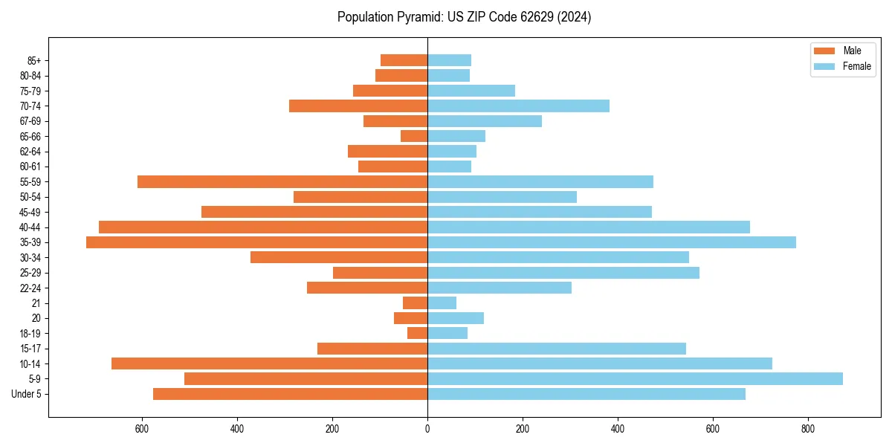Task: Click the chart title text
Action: coord(464,17)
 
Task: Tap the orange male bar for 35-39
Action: coord(256,242)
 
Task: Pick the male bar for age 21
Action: coord(415,303)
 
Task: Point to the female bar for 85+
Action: coord(449,60)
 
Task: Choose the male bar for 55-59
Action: coord(282,182)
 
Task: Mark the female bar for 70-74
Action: coord(518,106)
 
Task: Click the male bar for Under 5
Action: coord(290,394)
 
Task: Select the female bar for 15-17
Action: coord(556,349)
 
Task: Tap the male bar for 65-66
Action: coord(414,136)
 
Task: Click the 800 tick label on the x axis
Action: coord(807,429)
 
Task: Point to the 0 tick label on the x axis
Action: coord(427,429)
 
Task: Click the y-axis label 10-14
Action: coord(30,364)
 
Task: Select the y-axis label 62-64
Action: coord(30,152)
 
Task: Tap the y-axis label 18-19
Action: coord(30,334)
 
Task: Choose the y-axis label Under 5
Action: coord(27,394)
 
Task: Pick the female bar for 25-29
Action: coord(563,273)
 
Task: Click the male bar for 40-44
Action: coord(263,227)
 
